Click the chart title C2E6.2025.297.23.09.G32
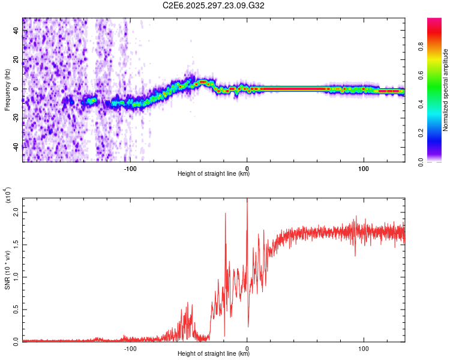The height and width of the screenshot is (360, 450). click(x=214, y=5)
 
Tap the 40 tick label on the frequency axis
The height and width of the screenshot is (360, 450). click(x=17, y=31)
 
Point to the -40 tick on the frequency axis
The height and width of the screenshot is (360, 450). click(x=17, y=146)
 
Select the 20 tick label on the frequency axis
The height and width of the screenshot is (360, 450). click(x=17, y=60)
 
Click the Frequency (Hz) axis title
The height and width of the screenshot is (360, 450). click(x=7, y=90)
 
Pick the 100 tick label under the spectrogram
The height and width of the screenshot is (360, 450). click(x=363, y=167)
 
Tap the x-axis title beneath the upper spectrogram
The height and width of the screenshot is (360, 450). click(x=214, y=174)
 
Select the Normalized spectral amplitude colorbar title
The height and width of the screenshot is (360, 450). click(x=446, y=90)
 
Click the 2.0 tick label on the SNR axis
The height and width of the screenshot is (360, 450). click(x=17, y=212)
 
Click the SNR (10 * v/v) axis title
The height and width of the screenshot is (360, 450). click(x=7, y=270)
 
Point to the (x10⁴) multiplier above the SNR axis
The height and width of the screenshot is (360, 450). click(x=8, y=195)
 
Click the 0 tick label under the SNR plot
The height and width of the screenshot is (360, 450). click(x=247, y=347)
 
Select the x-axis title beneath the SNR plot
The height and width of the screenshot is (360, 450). click(x=214, y=354)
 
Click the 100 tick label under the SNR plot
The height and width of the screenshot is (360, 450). click(x=363, y=347)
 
